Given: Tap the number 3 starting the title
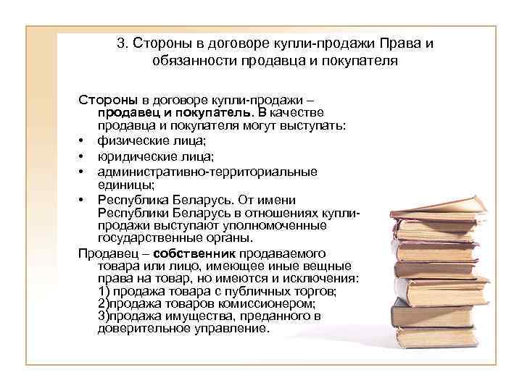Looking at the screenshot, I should click(120, 43).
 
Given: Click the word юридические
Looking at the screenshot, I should click(132, 156).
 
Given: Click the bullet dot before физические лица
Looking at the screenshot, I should click(84, 140).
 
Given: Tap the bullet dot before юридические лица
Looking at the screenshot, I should click(84, 156).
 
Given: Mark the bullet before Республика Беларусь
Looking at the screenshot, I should click(84, 200).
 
